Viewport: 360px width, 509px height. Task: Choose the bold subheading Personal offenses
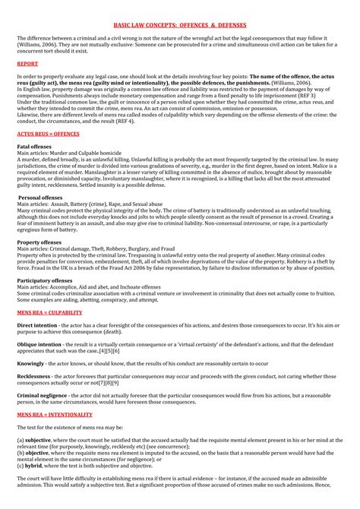click(x=39, y=198)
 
